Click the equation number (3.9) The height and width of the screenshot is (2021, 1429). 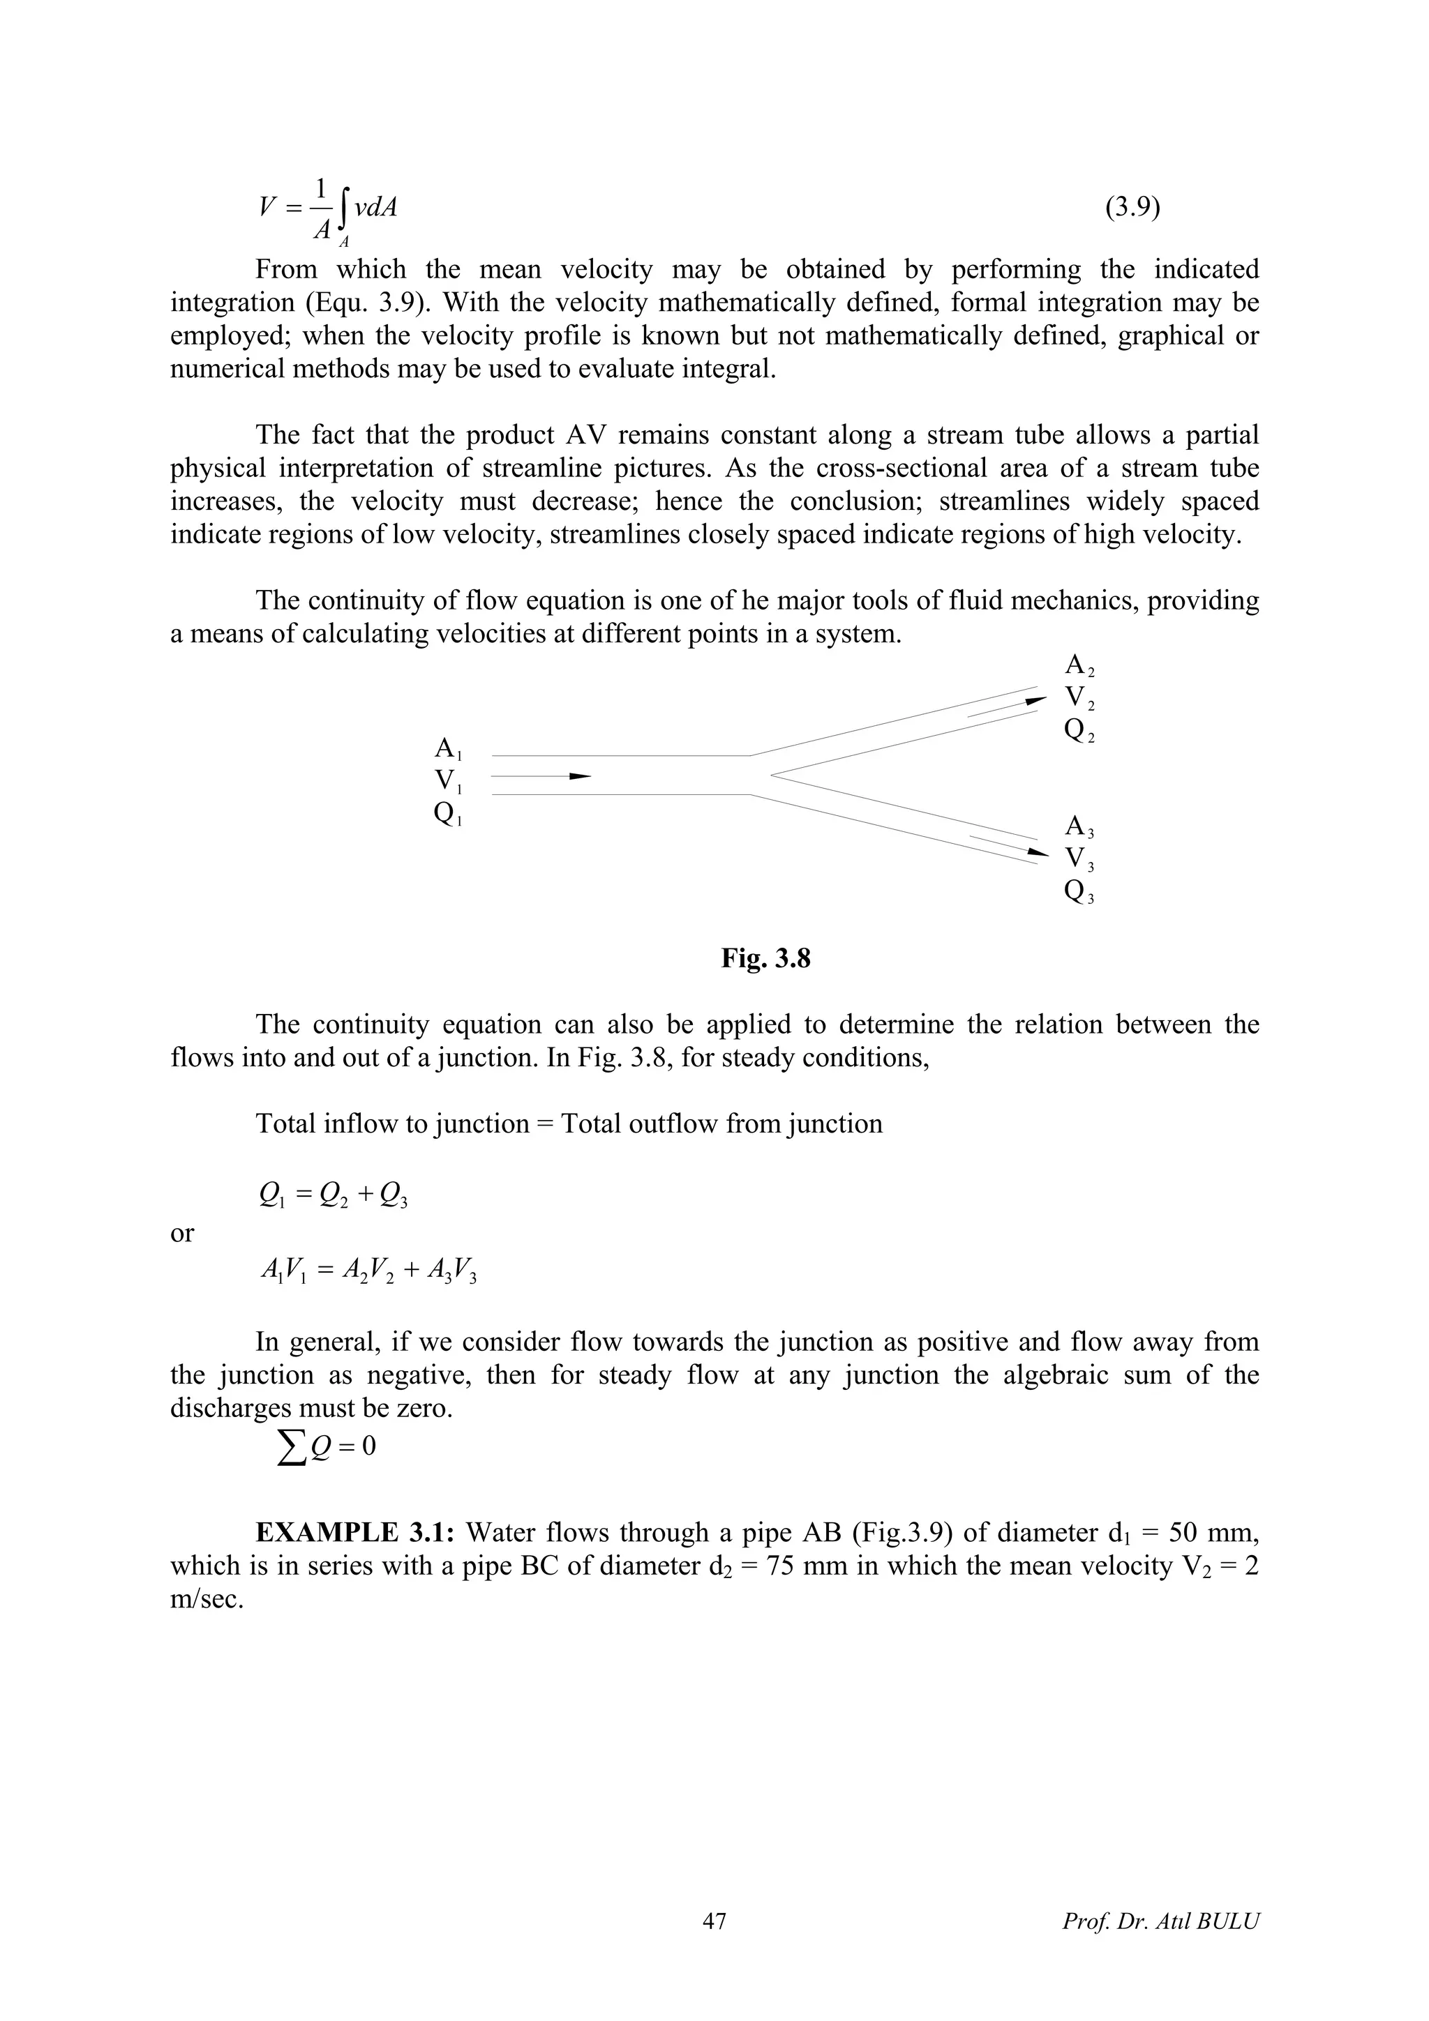click(1132, 209)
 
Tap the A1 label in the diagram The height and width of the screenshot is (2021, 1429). click(447, 750)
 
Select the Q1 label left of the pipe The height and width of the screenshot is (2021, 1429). click(447, 815)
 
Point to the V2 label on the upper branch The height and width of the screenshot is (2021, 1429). click(1079, 699)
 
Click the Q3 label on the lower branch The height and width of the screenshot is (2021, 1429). click(1079, 893)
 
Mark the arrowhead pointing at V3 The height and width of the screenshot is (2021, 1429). click(1038, 853)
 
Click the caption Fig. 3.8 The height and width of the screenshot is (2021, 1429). click(765, 959)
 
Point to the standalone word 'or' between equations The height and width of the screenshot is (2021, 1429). click(181, 1233)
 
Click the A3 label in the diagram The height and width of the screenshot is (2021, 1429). click(1079, 827)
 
